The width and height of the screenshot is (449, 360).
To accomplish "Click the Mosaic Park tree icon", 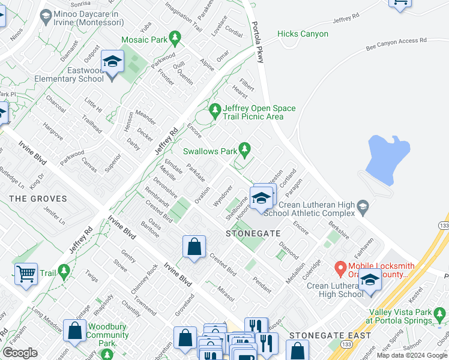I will [175, 40].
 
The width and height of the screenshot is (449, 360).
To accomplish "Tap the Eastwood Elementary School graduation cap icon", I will [112, 61].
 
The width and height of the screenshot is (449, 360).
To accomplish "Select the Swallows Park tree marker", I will [244, 148].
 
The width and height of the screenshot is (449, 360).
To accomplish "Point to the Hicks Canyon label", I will [303, 34].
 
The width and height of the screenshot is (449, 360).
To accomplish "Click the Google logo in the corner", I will [20, 353].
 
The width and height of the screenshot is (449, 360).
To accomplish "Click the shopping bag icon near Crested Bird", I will [194, 247].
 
